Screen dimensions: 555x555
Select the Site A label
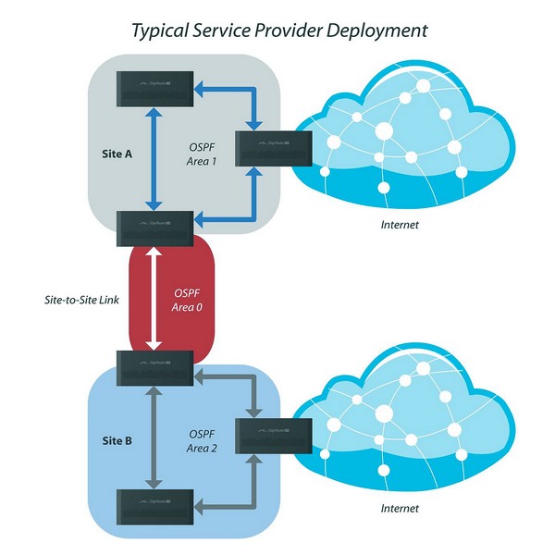[117, 155]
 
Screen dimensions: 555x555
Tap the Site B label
[117, 440]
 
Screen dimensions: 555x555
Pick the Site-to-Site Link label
[80, 301]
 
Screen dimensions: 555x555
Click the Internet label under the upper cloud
[401, 225]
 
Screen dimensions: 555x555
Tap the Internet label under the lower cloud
[401, 508]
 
